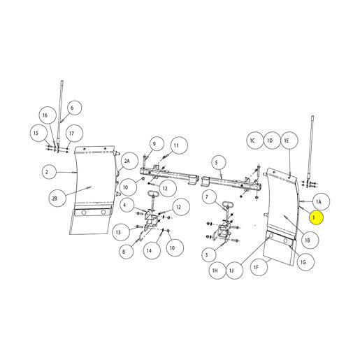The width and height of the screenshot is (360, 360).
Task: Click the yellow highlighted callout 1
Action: (x=316, y=218)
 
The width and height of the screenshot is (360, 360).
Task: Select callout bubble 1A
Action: (x=321, y=201)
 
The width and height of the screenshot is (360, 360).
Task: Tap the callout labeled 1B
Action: (x=310, y=240)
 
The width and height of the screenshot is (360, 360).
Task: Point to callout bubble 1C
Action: (x=255, y=141)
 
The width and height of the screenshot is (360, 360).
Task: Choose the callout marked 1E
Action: (x=289, y=141)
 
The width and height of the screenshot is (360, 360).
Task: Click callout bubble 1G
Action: (x=305, y=262)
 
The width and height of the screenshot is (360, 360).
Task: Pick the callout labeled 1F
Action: (x=259, y=267)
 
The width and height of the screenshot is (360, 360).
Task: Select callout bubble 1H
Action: (x=217, y=271)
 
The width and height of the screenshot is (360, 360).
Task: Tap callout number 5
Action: (x=219, y=162)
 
